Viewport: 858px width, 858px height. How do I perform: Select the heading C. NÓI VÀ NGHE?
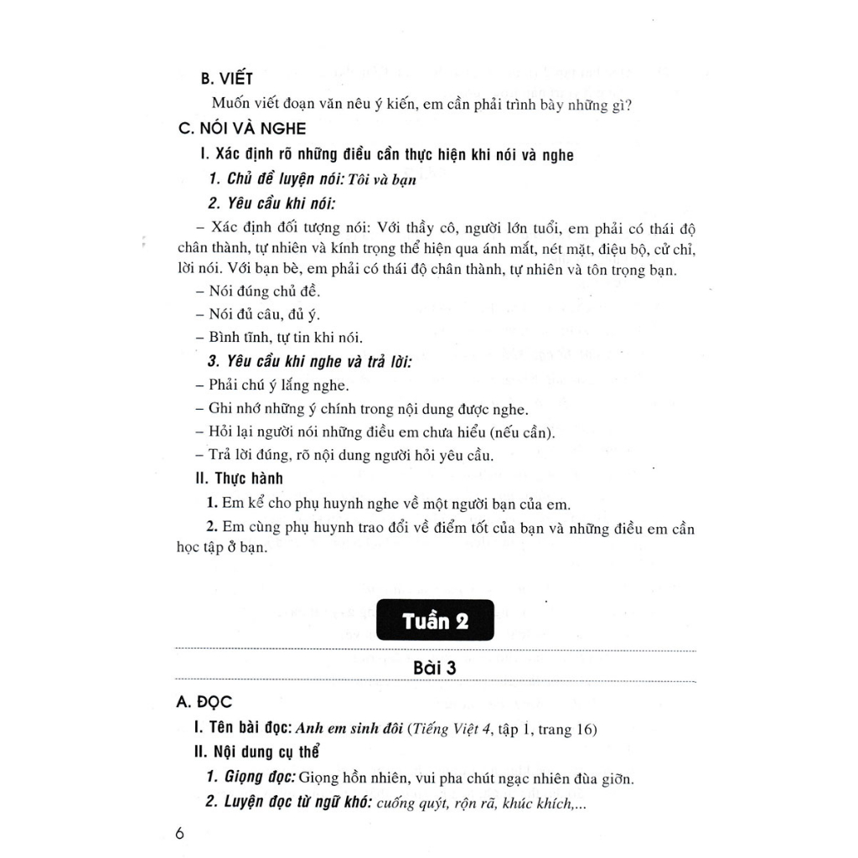point(243,129)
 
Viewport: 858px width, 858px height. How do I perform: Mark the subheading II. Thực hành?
point(238,478)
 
